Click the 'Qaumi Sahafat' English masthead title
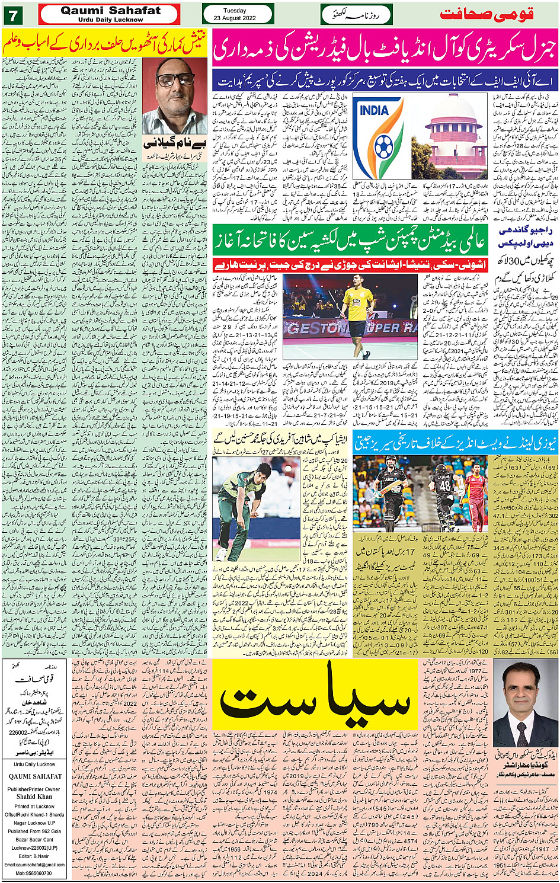[x=110, y=11]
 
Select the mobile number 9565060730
[x=34, y=873]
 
